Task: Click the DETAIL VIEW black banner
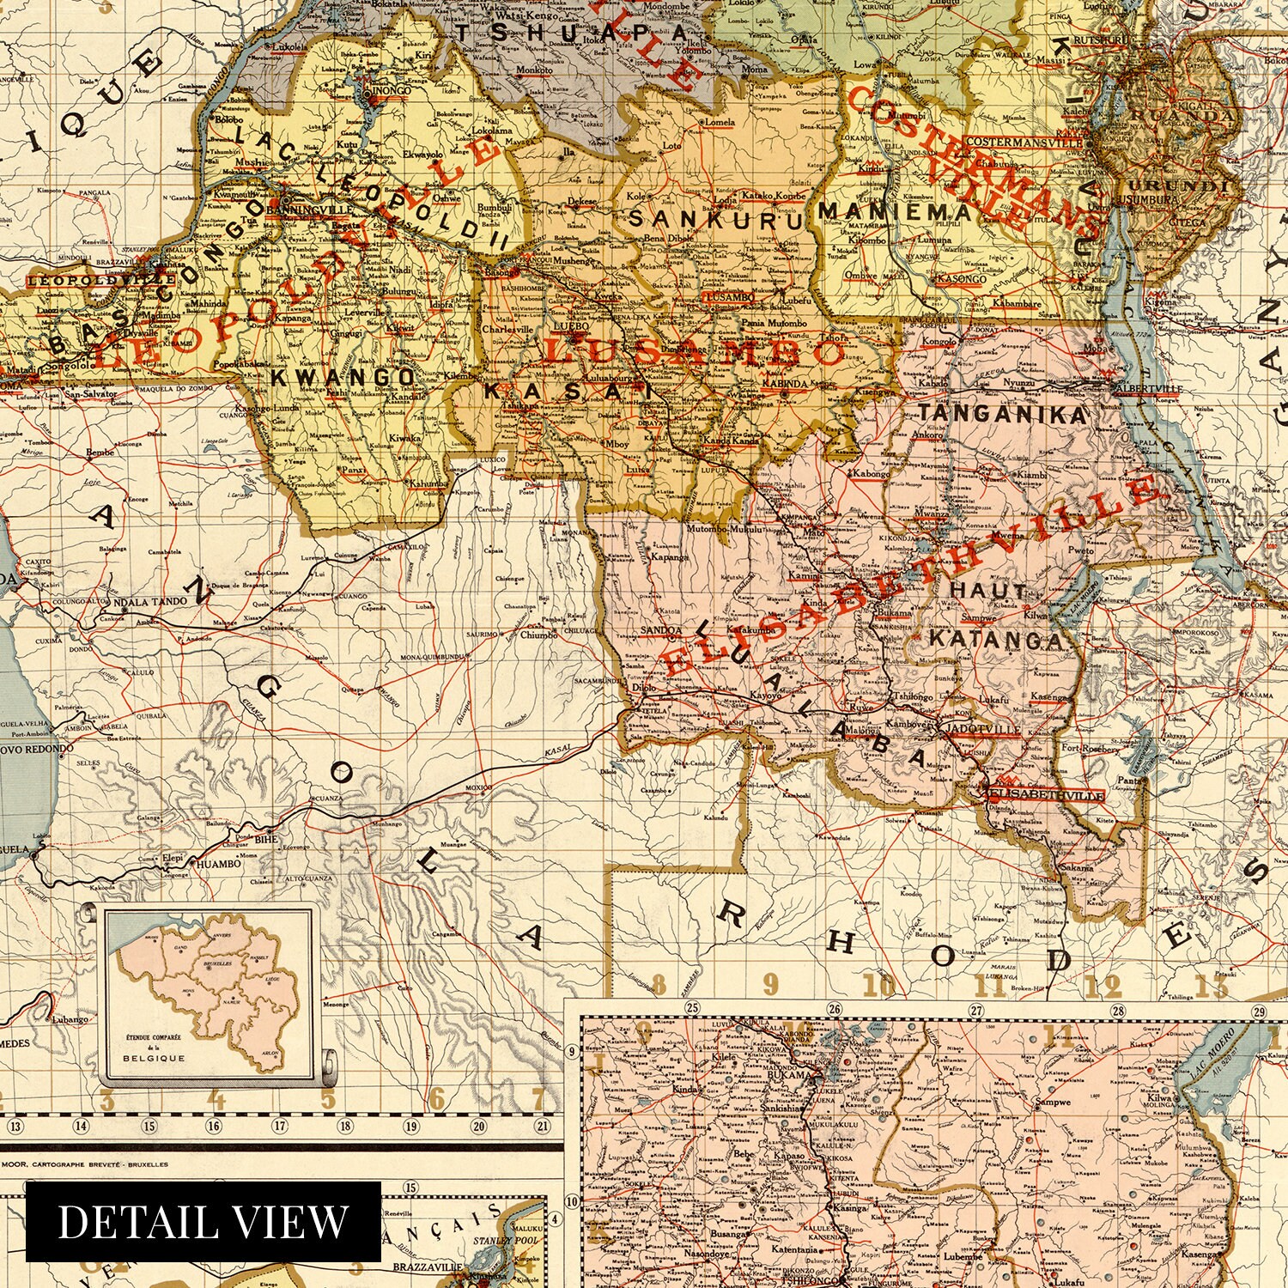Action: coord(204,1221)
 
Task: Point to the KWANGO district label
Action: coord(341,376)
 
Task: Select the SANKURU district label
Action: coord(715,218)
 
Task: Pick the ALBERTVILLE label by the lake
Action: coord(1146,389)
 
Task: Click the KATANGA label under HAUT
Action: coord(996,640)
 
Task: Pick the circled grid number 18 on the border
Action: coord(345,1127)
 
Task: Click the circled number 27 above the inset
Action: coord(975,1010)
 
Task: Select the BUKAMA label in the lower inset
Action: coord(787,1073)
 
